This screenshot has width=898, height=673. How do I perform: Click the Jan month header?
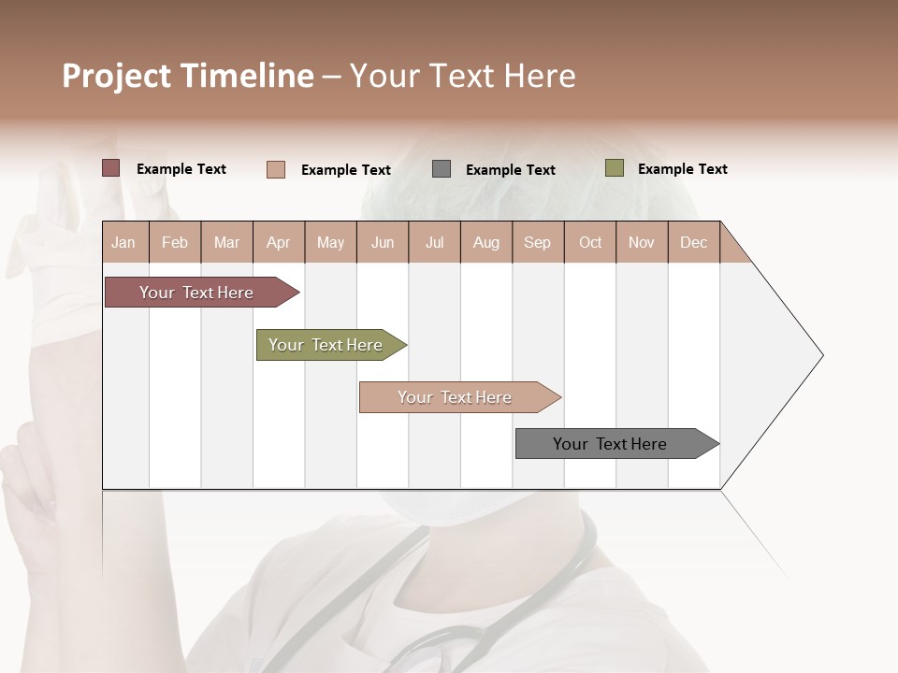point(123,242)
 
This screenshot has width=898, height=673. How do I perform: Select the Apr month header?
point(278,242)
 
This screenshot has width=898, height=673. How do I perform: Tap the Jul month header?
point(434,242)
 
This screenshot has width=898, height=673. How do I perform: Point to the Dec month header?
point(693,242)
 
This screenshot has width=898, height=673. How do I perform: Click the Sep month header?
point(537,242)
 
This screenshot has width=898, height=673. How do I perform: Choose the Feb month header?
point(175,242)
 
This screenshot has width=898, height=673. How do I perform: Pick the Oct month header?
point(590,242)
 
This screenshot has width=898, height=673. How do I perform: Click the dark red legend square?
point(111,168)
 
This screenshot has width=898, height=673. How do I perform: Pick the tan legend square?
point(276,169)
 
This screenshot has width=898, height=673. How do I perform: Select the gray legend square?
point(442,169)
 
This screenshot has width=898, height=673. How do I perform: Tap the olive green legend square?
point(615,168)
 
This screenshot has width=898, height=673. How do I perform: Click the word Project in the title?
point(116,76)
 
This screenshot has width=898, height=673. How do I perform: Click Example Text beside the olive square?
point(682,169)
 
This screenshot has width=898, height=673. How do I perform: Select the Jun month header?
point(383,242)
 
